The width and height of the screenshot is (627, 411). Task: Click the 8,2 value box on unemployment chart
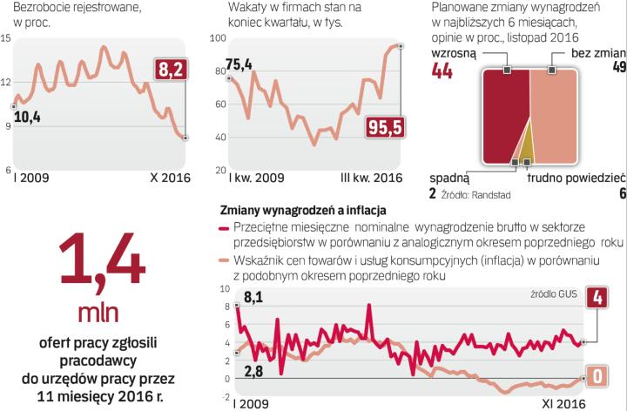tap(171, 70)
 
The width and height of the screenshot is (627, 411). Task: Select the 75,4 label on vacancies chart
tap(239, 64)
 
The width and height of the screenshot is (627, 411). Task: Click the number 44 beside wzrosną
tap(442, 71)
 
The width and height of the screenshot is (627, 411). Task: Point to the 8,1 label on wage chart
tap(255, 300)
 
